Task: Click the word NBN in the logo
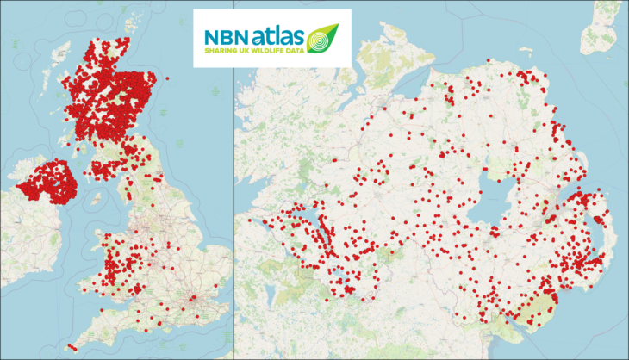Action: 226,37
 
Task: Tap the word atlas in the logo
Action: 277,37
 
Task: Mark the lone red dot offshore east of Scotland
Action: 167,79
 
